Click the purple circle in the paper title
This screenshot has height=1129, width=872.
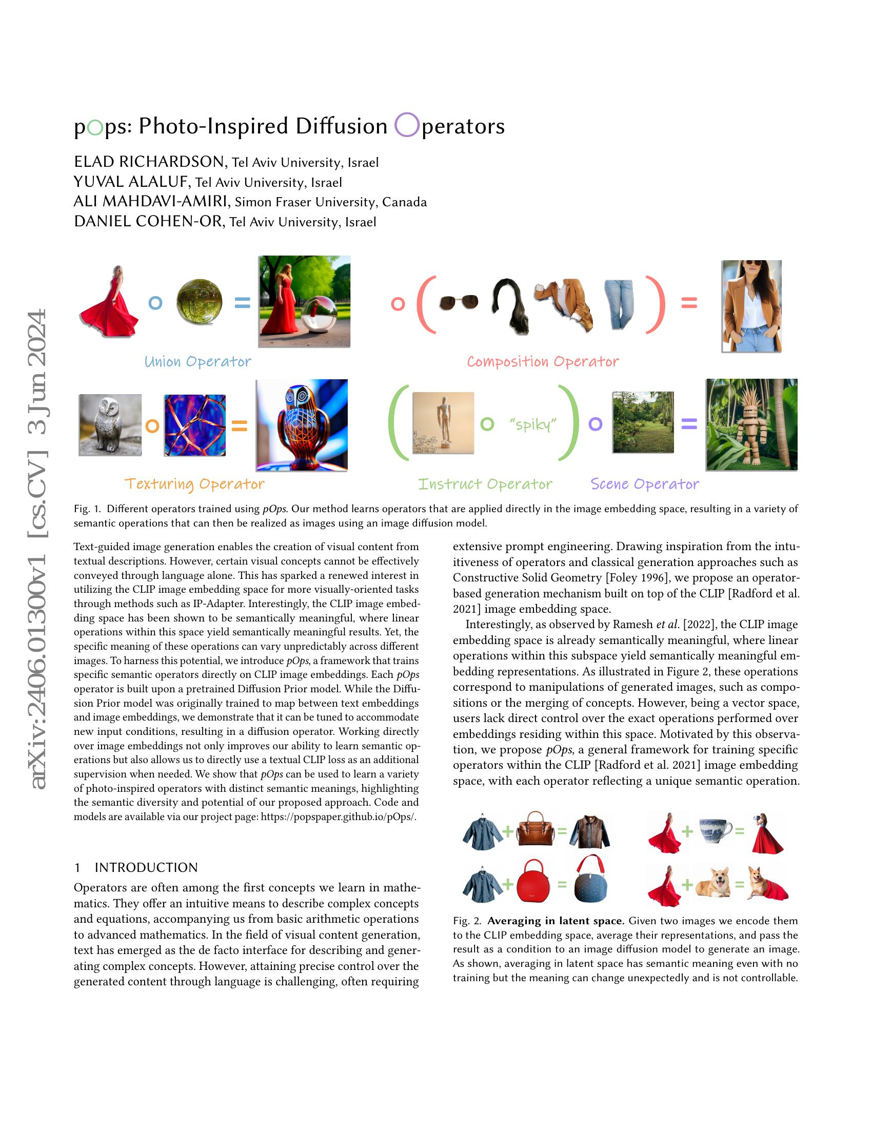407,125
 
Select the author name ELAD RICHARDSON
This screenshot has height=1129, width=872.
149,162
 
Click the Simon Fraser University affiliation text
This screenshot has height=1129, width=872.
331,202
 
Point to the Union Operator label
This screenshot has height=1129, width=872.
198,361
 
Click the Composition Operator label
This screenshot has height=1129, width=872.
542,361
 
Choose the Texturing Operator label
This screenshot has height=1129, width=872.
195,484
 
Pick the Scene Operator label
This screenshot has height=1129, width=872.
645,484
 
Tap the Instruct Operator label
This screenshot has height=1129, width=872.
485,484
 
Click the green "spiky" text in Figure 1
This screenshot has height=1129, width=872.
532,424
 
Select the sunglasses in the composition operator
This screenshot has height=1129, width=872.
458,302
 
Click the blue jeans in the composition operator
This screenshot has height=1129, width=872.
619,304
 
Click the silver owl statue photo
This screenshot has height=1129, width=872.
110,425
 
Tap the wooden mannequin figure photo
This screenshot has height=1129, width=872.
443,423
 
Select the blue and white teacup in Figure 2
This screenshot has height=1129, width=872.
715,831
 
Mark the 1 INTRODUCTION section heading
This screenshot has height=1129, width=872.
136,867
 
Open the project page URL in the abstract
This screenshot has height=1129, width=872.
338,817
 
